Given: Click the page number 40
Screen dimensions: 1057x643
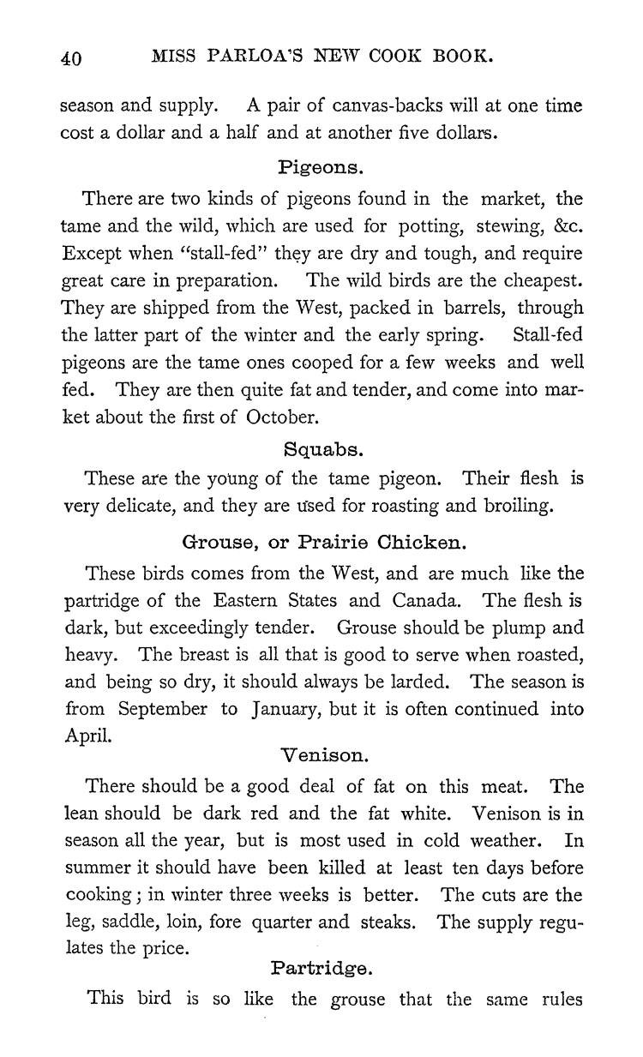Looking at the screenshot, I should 70,58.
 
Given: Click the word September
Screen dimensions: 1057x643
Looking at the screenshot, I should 163,710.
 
